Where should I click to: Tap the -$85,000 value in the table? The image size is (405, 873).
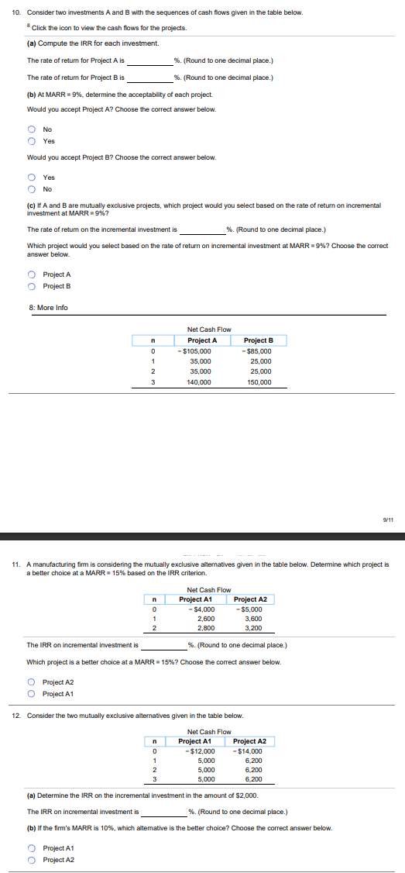click(x=257, y=351)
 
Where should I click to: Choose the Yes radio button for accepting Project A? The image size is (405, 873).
click(x=32, y=141)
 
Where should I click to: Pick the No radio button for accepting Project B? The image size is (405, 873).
click(x=32, y=189)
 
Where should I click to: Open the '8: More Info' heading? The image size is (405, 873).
click(x=48, y=308)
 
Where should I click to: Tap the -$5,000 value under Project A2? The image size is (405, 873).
click(x=249, y=609)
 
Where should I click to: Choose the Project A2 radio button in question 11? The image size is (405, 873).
click(x=32, y=682)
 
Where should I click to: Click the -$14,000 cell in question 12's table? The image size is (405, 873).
click(x=249, y=751)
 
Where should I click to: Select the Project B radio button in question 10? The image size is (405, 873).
click(x=32, y=285)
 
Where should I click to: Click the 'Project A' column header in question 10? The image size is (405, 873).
click(x=202, y=340)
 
